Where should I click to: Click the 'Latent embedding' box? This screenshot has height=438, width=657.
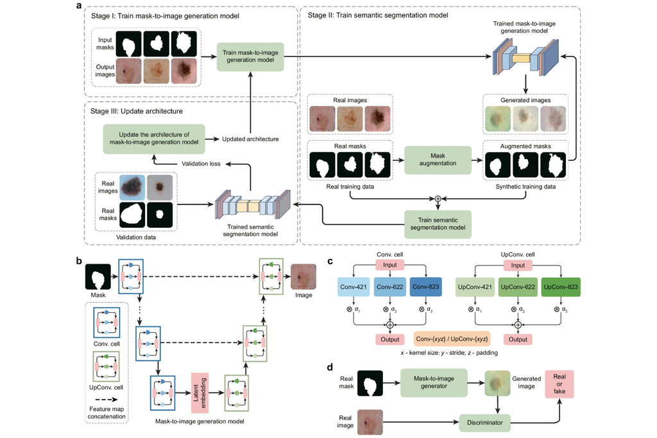point(197,392)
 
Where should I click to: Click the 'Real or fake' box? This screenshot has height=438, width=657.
point(559,385)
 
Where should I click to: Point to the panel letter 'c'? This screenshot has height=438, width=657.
point(330,261)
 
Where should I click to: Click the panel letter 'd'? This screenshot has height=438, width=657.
point(330,367)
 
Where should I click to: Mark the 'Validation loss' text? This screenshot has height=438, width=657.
point(201,164)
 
